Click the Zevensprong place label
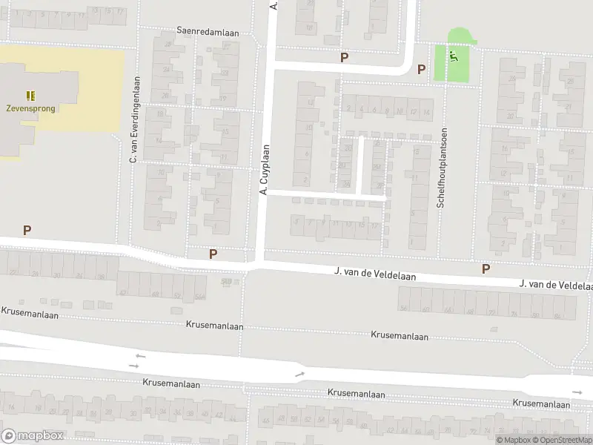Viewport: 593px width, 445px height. click(x=30, y=108)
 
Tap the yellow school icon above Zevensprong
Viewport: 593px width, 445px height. click(x=30, y=96)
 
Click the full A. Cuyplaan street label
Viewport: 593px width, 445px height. click(x=263, y=170)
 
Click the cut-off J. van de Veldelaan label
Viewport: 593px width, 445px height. click(x=556, y=285)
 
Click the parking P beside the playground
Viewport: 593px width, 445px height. click(x=421, y=69)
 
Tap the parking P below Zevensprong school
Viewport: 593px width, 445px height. click(x=27, y=230)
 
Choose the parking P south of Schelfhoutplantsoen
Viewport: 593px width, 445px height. click(x=486, y=268)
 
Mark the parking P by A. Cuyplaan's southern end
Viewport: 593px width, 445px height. click(x=213, y=254)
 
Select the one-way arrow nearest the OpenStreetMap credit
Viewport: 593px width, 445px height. click(x=577, y=392)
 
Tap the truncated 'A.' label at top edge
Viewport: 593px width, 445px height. click(x=274, y=5)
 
